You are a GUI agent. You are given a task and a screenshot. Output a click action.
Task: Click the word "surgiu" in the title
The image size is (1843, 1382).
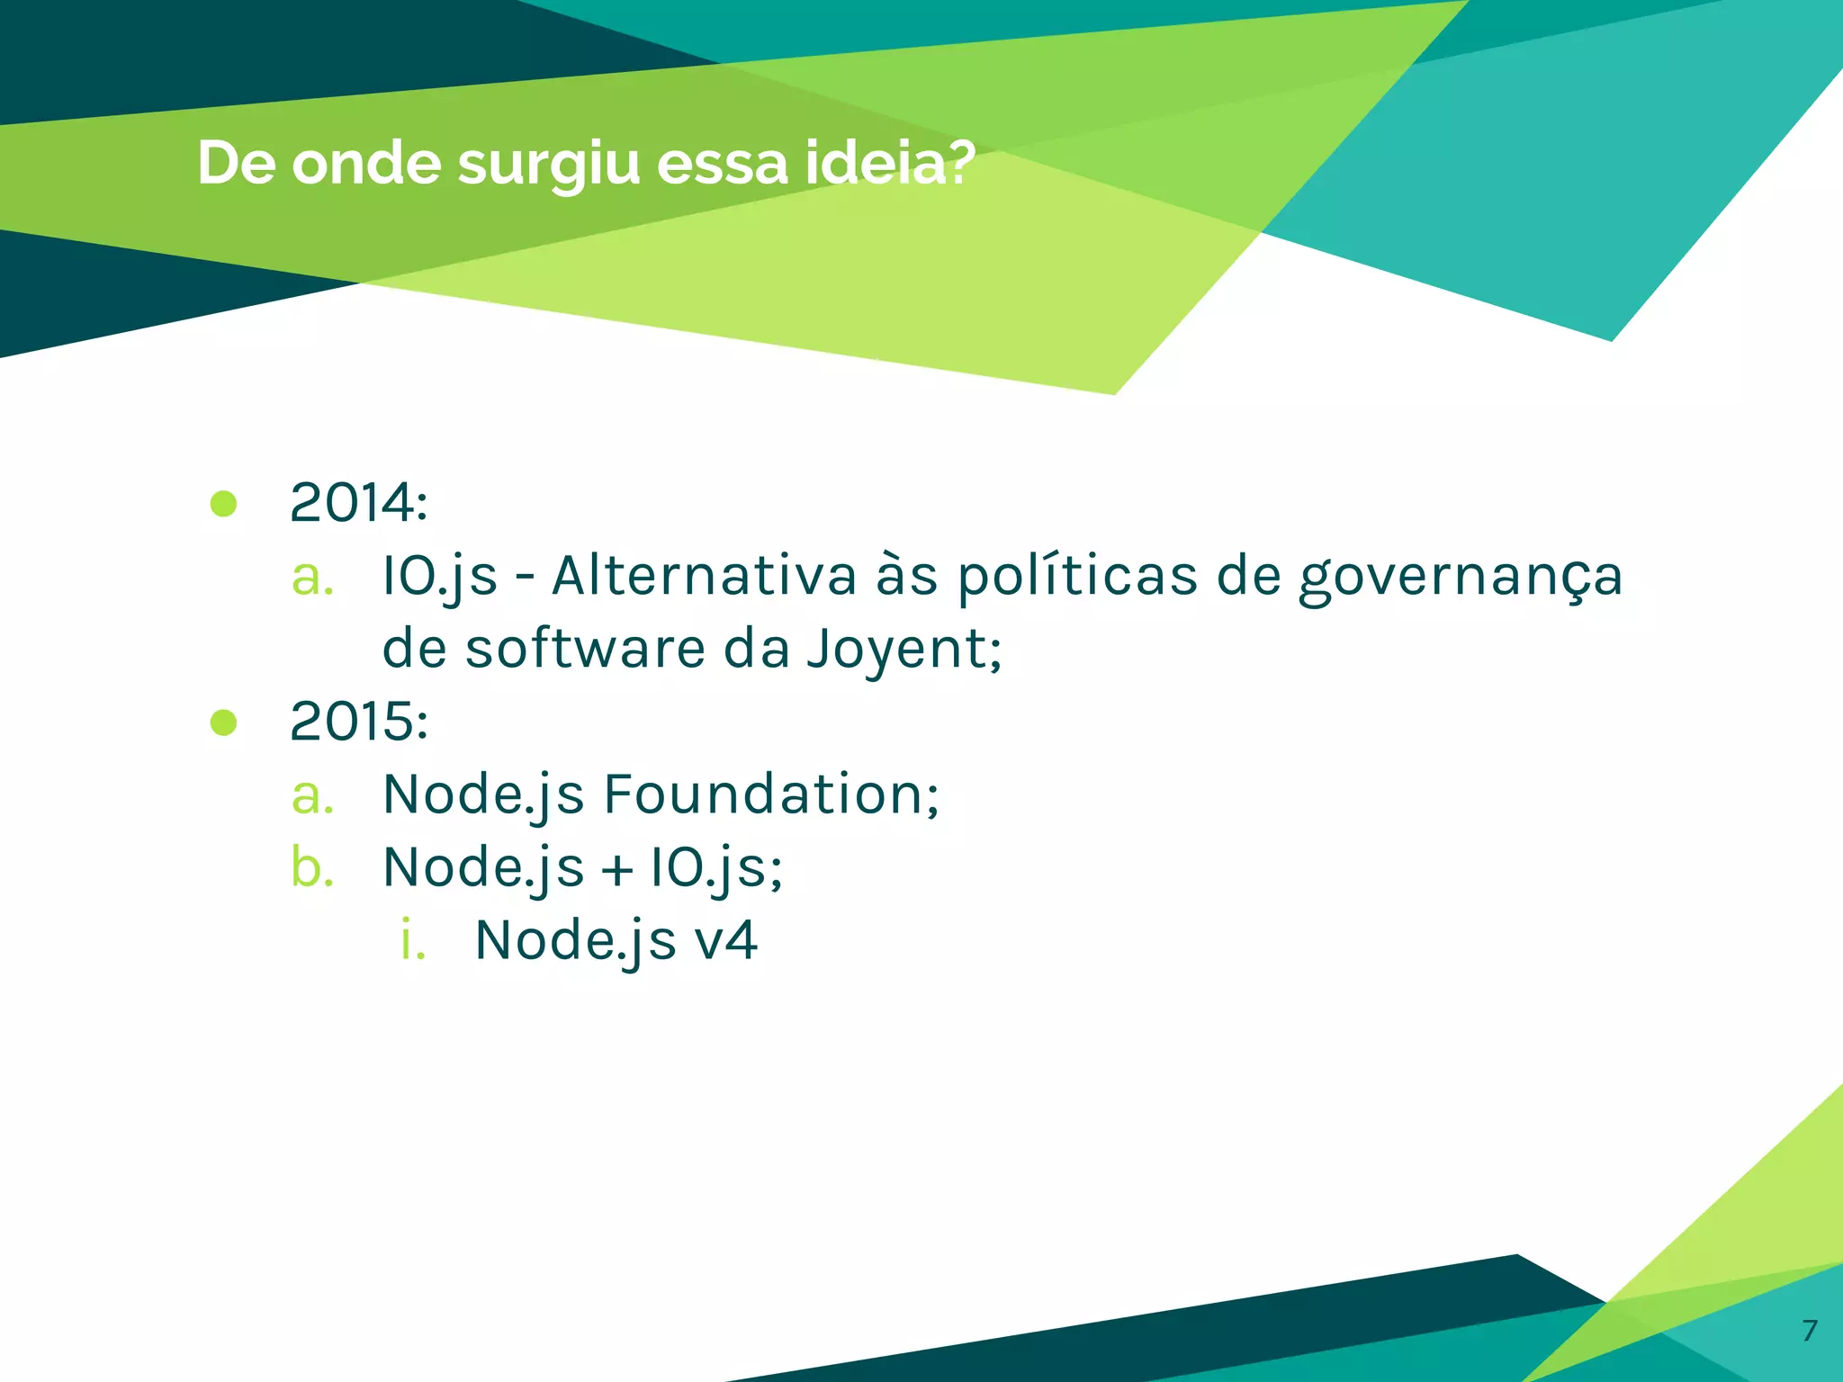click(x=548, y=165)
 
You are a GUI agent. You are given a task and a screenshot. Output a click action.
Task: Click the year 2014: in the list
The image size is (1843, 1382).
click(x=358, y=502)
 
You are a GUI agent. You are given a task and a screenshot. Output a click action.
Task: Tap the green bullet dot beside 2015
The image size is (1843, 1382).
click(x=223, y=722)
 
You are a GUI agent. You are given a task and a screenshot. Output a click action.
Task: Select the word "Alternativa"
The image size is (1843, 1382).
click(x=704, y=576)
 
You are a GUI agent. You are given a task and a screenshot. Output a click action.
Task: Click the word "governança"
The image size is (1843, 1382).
click(x=1460, y=578)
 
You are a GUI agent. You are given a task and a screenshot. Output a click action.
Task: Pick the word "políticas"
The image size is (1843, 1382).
click(x=1076, y=578)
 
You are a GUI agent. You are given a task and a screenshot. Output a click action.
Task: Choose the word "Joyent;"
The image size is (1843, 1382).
click(x=904, y=650)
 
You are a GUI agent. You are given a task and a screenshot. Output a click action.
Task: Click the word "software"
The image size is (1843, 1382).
click(x=585, y=649)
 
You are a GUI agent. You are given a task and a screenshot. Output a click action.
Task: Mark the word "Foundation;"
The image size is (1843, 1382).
click(x=771, y=794)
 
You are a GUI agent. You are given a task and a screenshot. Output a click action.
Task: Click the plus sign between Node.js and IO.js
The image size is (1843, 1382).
click(x=617, y=869)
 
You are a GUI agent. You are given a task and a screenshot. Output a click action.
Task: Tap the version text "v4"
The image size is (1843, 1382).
click(x=726, y=940)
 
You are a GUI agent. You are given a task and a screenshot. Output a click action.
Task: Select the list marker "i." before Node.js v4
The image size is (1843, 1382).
click(x=413, y=940)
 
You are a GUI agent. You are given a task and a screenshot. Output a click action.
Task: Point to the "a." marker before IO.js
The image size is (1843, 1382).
click(x=312, y=577)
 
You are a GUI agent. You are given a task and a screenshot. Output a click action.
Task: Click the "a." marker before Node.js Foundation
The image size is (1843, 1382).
click(x=312, y=795)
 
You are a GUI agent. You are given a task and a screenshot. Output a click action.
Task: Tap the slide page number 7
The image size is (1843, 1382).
click(x=1810, y=1330)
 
